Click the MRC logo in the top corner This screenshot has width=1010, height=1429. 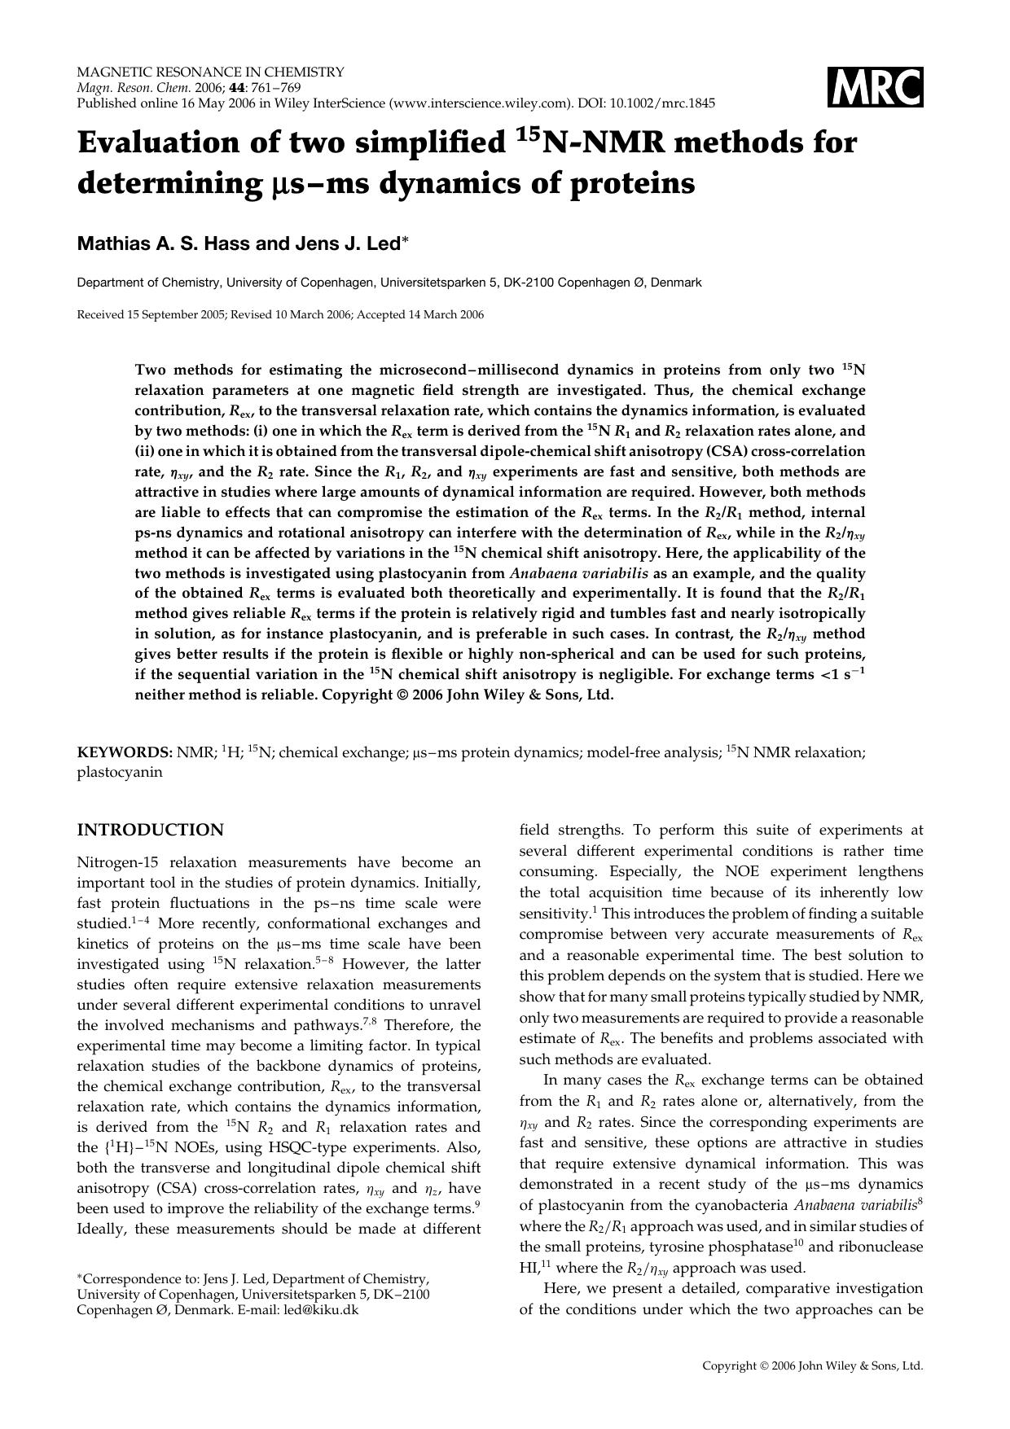[876, 87]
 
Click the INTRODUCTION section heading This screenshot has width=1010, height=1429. [150, 830]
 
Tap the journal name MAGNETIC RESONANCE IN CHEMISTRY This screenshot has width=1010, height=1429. [210, 72]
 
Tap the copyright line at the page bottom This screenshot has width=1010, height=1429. [812, 1365]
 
